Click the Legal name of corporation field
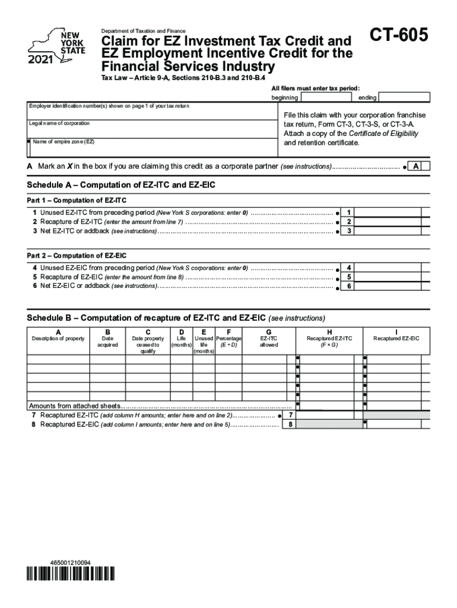(151, 130)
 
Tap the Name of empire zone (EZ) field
(151, 148)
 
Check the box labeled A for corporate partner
(417, 167)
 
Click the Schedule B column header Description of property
(58, 338)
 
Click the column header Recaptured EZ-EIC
(396, 338)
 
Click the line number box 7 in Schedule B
(290, 416)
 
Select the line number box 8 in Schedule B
(290, 425)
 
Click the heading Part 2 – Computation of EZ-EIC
(77, 256)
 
